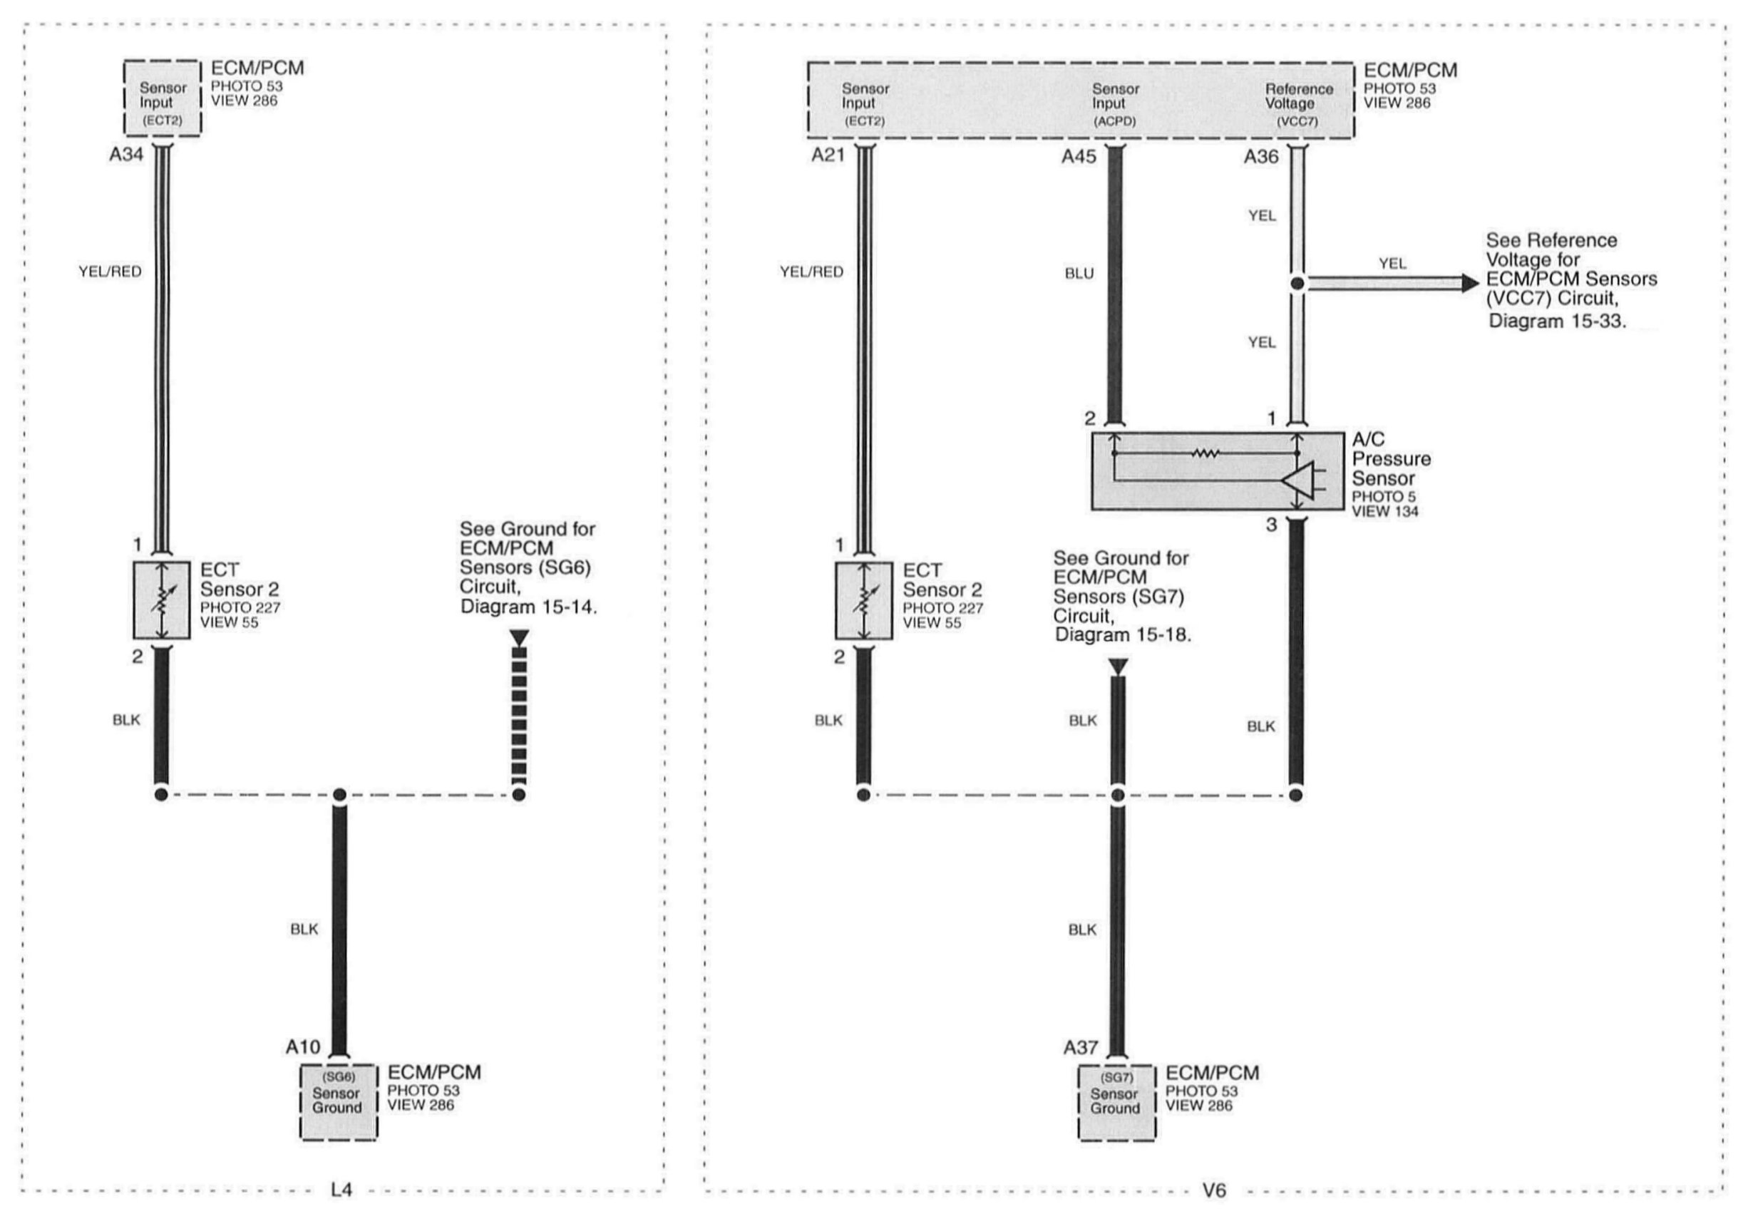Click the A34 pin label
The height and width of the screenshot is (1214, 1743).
[x=126, y=155]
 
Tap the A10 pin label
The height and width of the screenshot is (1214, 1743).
[x=303, y=1047]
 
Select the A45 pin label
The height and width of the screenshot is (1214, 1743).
[x=1079, y=157]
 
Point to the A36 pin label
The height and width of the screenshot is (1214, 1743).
[x=1261, y=157]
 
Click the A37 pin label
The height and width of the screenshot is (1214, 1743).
[x=1081, y=1048]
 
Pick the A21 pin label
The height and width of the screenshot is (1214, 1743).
[x=828, y=155]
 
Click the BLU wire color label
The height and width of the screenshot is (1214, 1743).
[x=1079, y=274]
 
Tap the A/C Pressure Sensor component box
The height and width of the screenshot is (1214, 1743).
[x=1217, y=471]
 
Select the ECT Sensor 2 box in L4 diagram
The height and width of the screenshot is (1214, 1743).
[x=162, y=600]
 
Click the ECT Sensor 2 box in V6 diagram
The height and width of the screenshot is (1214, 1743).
[x=864, y=600]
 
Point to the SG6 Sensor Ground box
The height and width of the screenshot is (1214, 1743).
[x=339, y=1101]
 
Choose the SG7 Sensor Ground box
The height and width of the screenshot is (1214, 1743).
[x=1116, y=1102]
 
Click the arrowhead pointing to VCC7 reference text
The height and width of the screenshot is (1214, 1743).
[x=1471, y=284]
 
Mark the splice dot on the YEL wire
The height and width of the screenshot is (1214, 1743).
[x=1297, y=284]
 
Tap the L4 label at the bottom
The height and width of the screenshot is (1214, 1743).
[x=341, y=1190]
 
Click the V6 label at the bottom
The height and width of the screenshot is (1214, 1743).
[x=1214, y=1190]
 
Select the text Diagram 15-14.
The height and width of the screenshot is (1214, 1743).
[x=528, y=607]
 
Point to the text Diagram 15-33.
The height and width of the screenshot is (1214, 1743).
[x=1557, y=321]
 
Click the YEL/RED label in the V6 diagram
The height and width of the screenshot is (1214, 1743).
[x=811, y=272]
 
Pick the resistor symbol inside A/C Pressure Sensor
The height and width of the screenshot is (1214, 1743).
[x=1205, y=454]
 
